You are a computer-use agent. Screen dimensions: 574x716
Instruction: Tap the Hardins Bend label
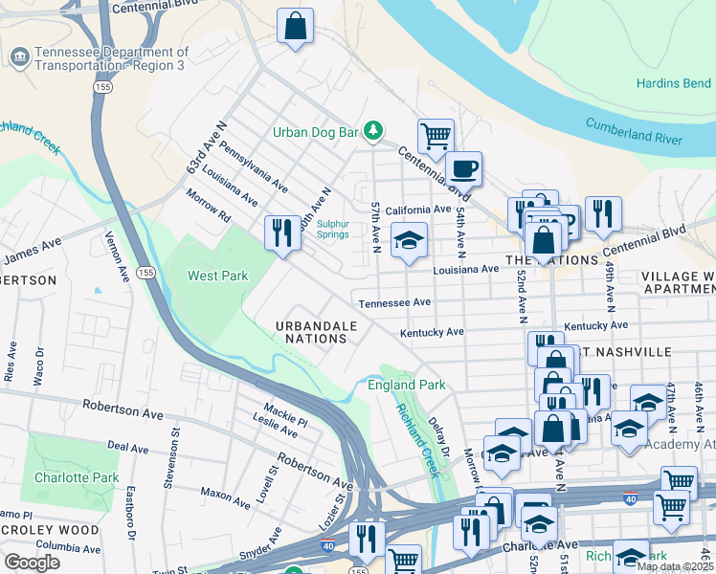click(673, 83)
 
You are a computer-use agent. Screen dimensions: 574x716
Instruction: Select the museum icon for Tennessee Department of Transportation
click(18, 58)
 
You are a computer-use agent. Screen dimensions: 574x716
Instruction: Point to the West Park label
click(217, 276)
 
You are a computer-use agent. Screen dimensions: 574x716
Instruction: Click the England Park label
click(407, 386)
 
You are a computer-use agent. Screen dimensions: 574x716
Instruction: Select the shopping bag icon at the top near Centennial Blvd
click(296, 27)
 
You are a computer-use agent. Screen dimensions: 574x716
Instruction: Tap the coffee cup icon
click(464, 169)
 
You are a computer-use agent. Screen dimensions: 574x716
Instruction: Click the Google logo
click(32, 563)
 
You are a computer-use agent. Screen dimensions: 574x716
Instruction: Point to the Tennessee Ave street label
click(395, 302)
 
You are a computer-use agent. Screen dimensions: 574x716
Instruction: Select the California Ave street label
click(417, 210)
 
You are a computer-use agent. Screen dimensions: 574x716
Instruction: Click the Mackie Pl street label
click(286, 418)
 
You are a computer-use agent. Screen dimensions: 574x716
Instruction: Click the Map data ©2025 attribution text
click(675, 566)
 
